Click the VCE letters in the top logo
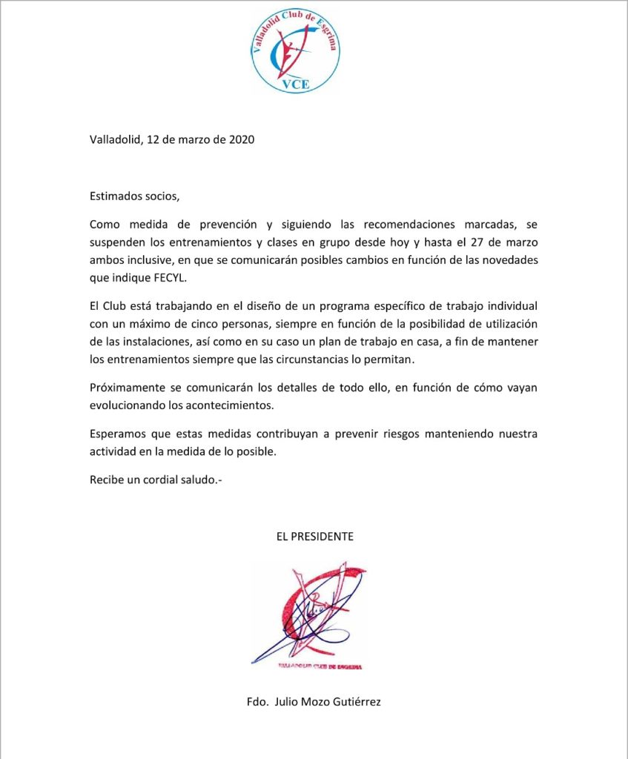click(296, 84)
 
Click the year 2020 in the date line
click(242, 139)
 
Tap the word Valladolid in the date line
click(115, 139)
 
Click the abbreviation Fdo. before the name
click(257, 701)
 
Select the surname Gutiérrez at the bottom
click(354, 701)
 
